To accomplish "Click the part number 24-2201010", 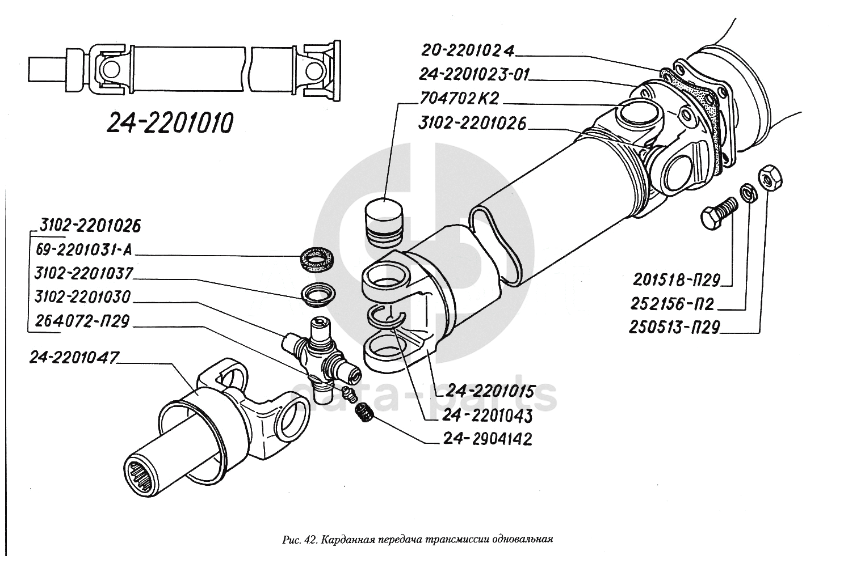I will point(170,123).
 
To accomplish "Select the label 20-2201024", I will point(467,51).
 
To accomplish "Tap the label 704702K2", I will point(459,99).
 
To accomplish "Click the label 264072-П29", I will point(82,321).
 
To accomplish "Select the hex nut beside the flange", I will point(770,177).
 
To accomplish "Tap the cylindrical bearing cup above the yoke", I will point(383,222).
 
